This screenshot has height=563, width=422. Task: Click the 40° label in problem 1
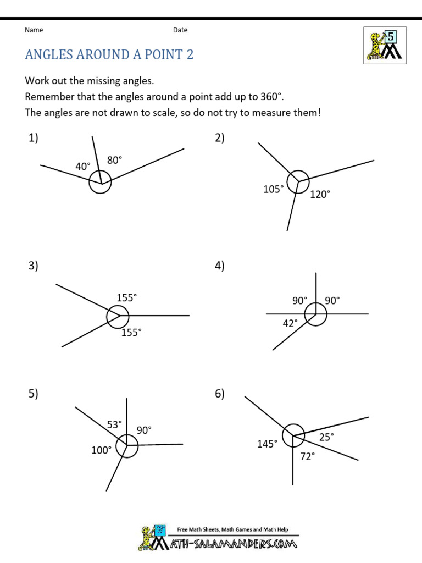pos(83,166)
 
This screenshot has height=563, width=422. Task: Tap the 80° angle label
pos(114,160)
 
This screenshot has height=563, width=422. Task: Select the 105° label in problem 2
pos(274,189)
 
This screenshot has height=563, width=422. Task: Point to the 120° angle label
pos(320,194)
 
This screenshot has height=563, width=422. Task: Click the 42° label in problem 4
pos(290,323)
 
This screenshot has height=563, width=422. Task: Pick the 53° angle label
pos(114,424)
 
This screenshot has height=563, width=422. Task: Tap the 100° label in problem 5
pos(101,450)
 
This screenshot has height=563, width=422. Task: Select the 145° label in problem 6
pos(267,444)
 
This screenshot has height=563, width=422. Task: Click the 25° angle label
pos(326,437)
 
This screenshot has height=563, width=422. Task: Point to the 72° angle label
pos(307,456)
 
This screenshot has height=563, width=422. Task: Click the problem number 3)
pos(34,266)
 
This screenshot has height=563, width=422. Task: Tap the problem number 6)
pos(220,394)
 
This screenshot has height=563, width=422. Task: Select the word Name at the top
pos(34,30)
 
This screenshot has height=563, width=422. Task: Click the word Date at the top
pos(180,30)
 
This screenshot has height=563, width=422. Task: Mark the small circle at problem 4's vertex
pos(316,314)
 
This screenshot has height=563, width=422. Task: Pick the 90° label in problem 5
pos(144,430)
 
